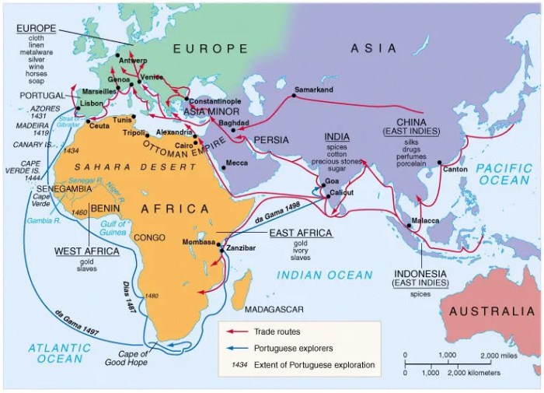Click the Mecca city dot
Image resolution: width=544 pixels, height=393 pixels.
coord(222,163)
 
